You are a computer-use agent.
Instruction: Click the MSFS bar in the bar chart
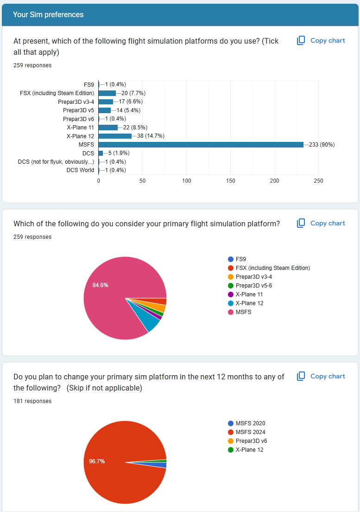pos(201,145)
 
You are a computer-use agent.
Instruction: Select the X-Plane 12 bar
pos(115,136)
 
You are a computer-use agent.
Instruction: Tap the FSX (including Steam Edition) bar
pos(107,93)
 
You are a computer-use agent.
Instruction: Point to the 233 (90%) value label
pos(322,145)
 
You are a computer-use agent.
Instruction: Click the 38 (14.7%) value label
pos(151,136)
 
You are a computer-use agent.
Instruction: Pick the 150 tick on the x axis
pos(230,180)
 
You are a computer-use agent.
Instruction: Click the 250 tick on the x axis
pos(318,180)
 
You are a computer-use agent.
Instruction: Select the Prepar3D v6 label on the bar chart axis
pos(78,119)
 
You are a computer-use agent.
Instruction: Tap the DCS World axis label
pos(80,170)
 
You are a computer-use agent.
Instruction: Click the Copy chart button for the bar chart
pos(321,41)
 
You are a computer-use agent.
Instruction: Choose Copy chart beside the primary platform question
pos(321,224)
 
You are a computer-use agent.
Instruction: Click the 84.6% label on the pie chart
pos(101,285)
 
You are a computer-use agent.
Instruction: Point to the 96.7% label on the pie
pos(97,461)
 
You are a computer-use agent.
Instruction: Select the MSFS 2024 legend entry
pos(250,432)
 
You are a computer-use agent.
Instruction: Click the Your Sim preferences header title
pos(48,15)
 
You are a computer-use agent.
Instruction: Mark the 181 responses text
pos(32,401)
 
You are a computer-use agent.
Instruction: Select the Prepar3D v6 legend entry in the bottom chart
pos(251,441)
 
